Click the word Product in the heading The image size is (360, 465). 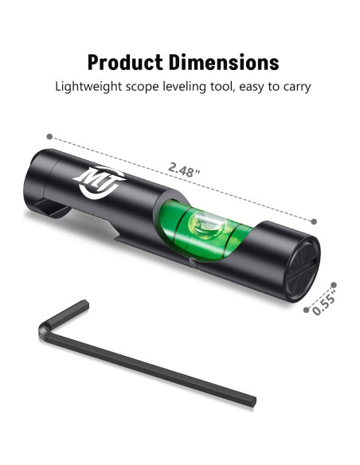(x=123, y=62)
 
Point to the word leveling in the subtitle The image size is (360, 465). (x=190, y=87)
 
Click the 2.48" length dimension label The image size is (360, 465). (x=185, y=169)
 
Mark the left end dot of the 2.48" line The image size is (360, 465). (x=50, y=136)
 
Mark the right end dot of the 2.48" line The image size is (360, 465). (x=314, y=221)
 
